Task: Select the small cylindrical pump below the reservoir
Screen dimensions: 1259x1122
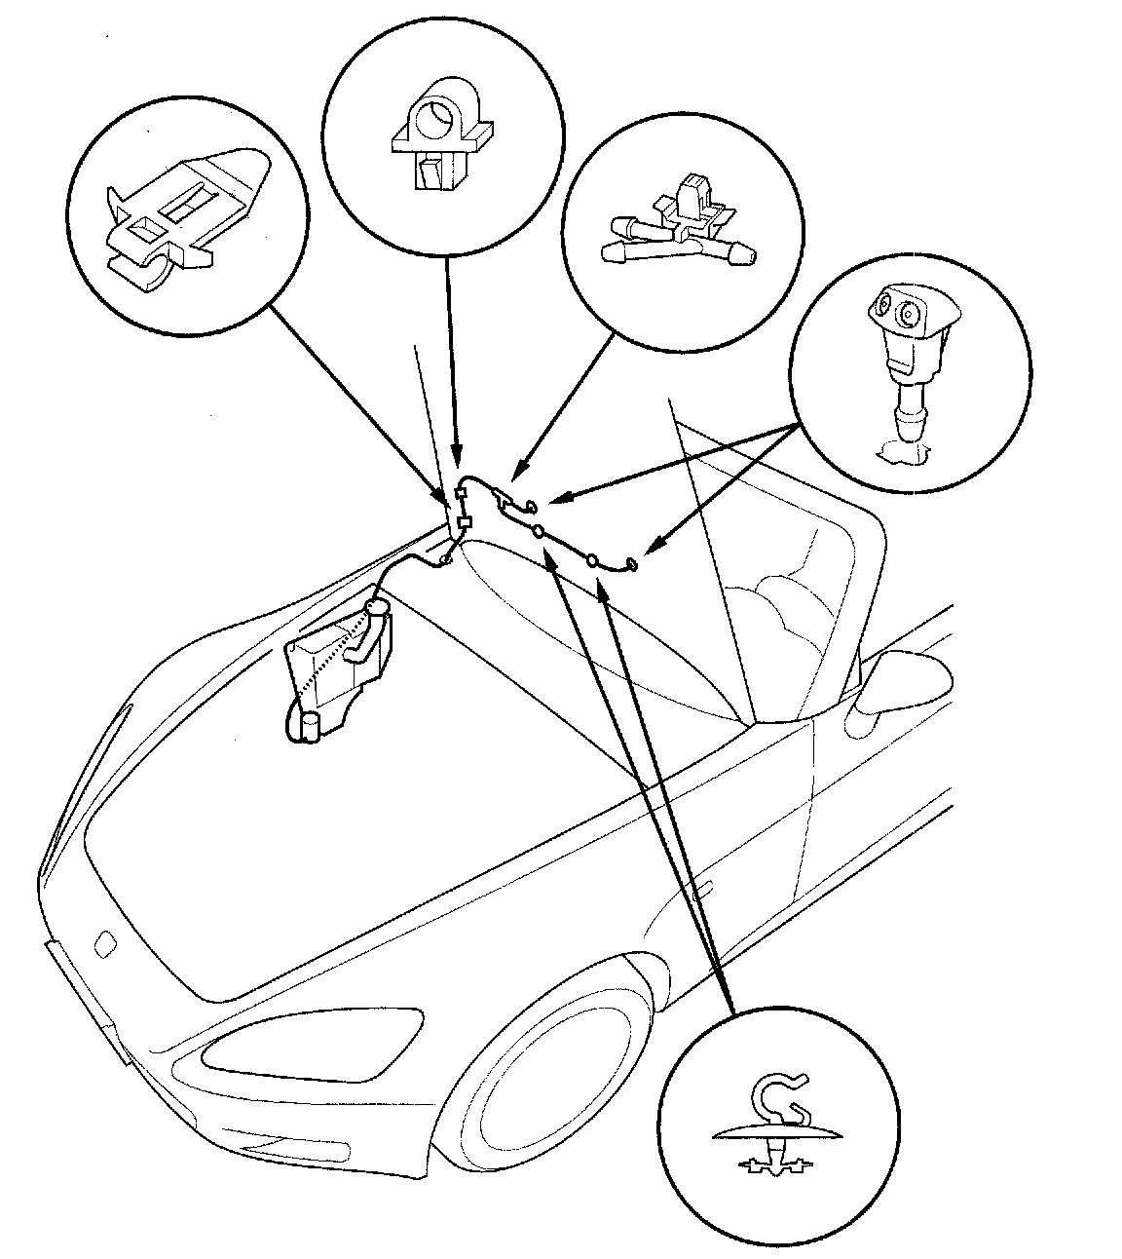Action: tap(312, 726)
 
